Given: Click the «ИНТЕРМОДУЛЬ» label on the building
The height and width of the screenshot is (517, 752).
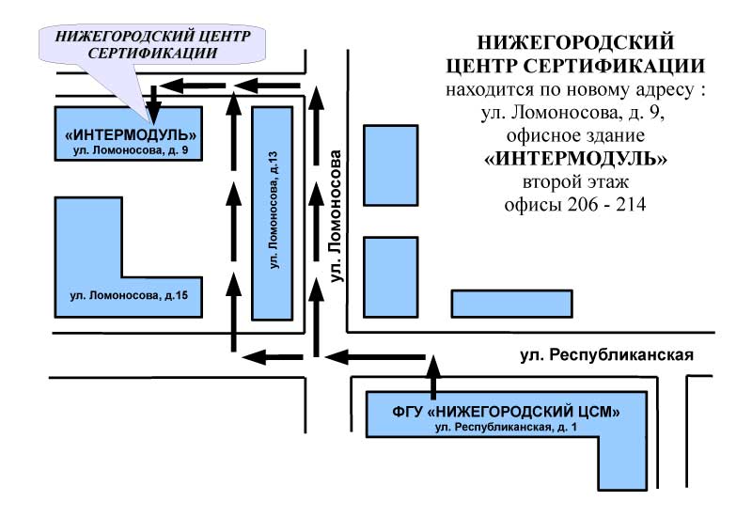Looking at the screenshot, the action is click(x=131, y=134).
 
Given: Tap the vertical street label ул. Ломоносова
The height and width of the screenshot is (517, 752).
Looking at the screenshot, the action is click(x=337, y=216).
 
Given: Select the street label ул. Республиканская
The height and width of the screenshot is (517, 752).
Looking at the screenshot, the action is click(x=606, y=355).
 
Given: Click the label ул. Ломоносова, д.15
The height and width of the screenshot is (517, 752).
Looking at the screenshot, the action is click(x=129, y=295).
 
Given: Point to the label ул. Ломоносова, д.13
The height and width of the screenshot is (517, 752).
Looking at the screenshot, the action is click(x=274, y=210).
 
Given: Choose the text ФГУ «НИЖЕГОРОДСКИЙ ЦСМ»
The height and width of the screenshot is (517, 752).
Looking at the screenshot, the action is click(x=506, y=412).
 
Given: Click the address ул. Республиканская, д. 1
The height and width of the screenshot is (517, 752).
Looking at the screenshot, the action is click(x=506, y=427).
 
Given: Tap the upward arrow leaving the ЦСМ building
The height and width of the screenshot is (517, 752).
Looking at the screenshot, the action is click(x=433, y=378).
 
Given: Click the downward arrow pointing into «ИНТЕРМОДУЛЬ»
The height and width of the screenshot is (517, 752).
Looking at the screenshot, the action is click(x=153, y=104).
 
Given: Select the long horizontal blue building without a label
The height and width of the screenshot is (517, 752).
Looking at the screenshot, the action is click(x=511, y=304).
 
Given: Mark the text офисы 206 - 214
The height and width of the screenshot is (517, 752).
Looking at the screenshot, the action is click(x=575, y=205).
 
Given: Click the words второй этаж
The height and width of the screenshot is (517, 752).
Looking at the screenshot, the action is click(x=575, y=182).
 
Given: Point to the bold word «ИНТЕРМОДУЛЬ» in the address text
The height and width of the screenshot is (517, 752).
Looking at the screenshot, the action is click(x=575, y=159).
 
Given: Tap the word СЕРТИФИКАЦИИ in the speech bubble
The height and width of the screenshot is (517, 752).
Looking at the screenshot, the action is click(x=152, y=53).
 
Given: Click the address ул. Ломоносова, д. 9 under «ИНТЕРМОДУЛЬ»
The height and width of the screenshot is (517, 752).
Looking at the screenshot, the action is click(x=131, y=150).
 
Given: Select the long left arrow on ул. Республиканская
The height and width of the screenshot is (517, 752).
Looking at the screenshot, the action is click(x=375, y=357).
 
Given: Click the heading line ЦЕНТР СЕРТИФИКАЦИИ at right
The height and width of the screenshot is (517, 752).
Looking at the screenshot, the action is click(x=575, y=66).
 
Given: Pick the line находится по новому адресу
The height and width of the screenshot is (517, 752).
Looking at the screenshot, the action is click(x=575, y=89).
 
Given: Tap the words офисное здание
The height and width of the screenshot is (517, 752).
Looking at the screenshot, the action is click(x=575, y=135).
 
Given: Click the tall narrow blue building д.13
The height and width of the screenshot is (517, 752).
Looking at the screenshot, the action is click(x=273, y=213).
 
